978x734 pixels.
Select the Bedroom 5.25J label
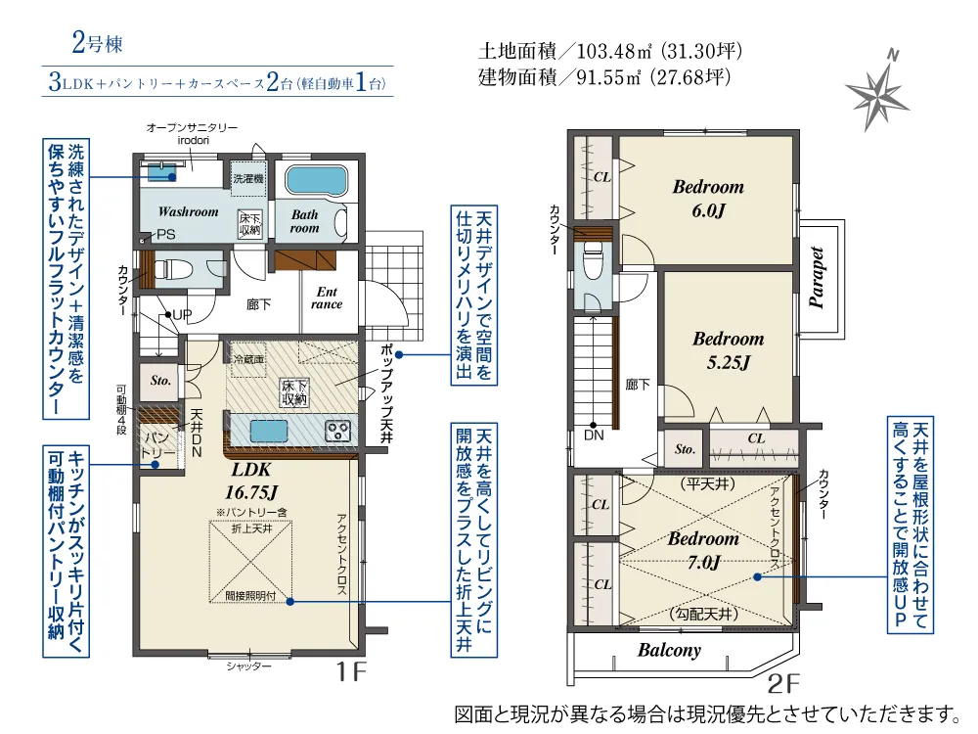pyautogui.click(x=728, y=350)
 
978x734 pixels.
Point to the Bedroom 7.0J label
pyautogui.click(x=703, y=550)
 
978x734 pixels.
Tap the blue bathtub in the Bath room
pyautogui.click(x=316, y=181)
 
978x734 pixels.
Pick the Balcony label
pyautogui.click(x=670, y=650)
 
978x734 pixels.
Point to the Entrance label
pyautogui.click(x=327, y=298)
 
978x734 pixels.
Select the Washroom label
pyautogui.click(x=188, y=211)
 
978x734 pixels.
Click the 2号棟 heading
pyautogui.click(x=96, y=44)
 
